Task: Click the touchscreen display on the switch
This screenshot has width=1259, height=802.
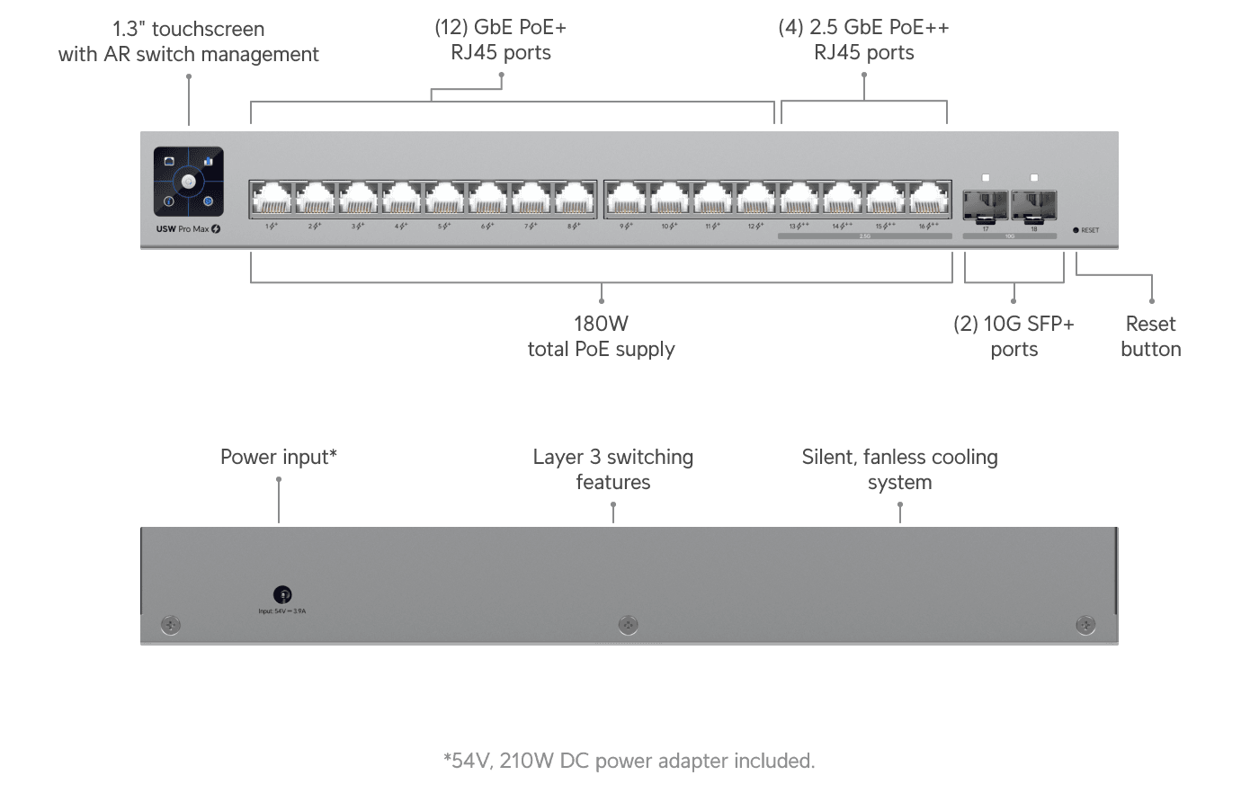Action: pos(188,182)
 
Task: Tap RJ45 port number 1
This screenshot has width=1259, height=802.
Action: pos(271,198)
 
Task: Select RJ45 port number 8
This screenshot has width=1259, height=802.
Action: pos(574,198)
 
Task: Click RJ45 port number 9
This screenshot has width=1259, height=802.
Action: pos(626,198)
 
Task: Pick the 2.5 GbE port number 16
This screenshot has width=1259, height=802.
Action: pos(928,198)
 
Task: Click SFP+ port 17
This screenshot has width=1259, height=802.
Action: pos(986,206)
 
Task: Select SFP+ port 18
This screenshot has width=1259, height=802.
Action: pos(1033,206)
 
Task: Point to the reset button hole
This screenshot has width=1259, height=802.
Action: pos(1076,230)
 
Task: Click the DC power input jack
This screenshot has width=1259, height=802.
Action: pos(282,594)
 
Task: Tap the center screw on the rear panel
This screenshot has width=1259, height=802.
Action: pos(629,624)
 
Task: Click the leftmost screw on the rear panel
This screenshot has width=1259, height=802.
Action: pos(170,624)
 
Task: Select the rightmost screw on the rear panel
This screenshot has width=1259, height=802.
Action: pos(1085,624)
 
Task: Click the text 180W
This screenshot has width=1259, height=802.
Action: pos(601,324)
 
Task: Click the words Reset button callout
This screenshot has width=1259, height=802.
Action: pos(1151,336)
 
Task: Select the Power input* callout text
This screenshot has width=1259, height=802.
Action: pos(279,457)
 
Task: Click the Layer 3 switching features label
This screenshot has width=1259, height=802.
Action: pos(612,469)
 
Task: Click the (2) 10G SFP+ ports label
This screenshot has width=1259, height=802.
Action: pos(1013,336)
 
